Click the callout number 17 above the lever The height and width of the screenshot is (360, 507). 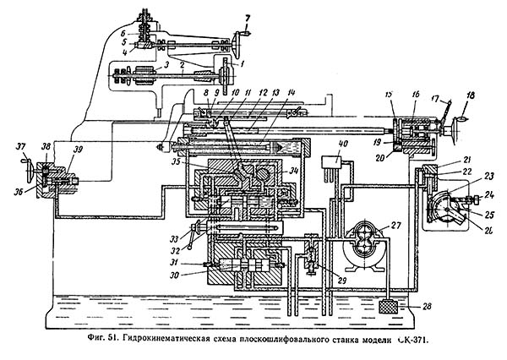click(x=440, y=98)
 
